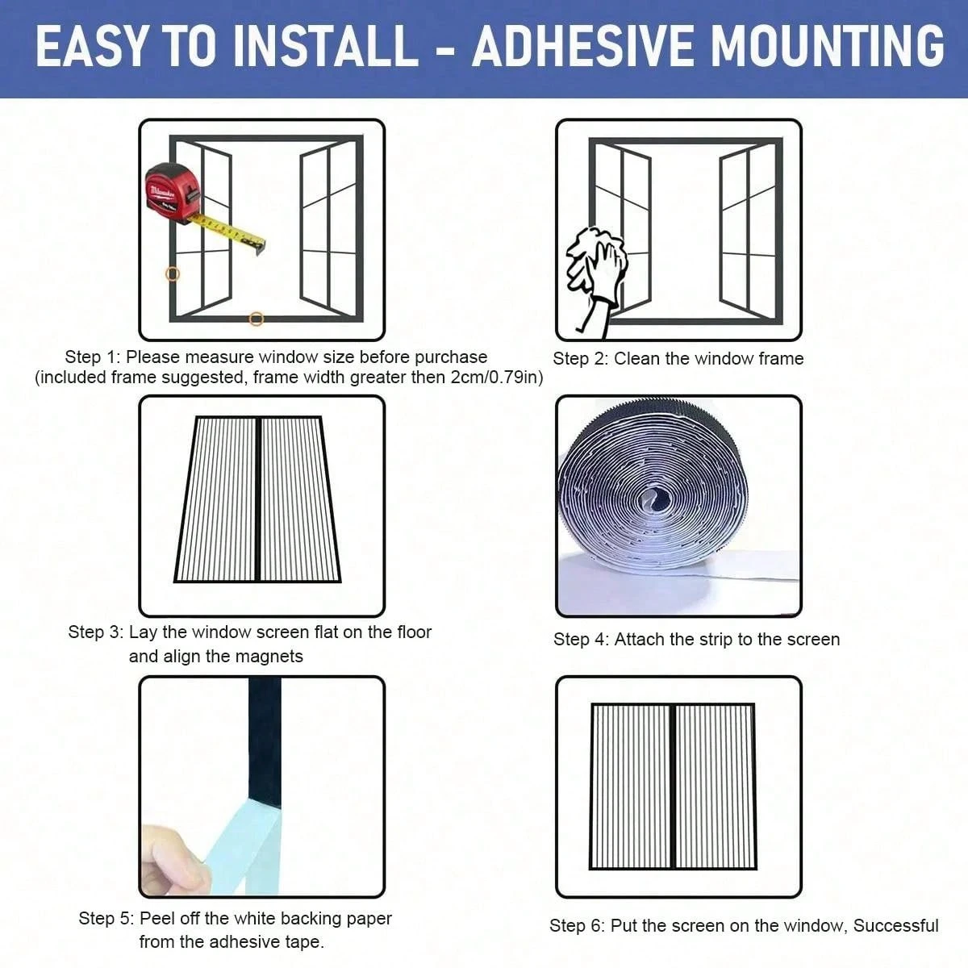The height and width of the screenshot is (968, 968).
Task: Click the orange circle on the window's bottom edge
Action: (x=256, y=319)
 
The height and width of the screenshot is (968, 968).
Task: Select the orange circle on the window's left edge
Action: (x=173, y=273)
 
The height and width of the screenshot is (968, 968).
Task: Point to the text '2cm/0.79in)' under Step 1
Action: (x=497, y=378)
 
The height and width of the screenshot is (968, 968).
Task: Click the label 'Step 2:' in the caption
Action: (x=580, y=359)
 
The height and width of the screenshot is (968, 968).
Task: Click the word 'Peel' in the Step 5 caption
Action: (x=156, y=919)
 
